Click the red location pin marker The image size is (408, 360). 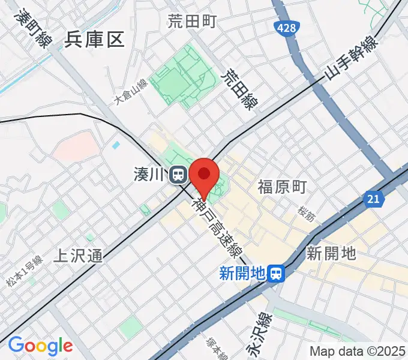click(204, 175)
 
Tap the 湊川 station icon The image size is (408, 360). click(178, 175)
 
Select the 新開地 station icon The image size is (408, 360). click(276, 274)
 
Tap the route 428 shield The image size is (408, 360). click(286, 28)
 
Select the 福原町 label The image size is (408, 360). click(282, 187)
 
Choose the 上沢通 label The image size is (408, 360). click(78, 256)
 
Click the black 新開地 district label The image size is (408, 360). click(331, 253)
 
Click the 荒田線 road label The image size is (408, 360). click(238, 90)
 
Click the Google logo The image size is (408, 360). click(40, 346)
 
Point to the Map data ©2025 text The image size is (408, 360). click(358, 351)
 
